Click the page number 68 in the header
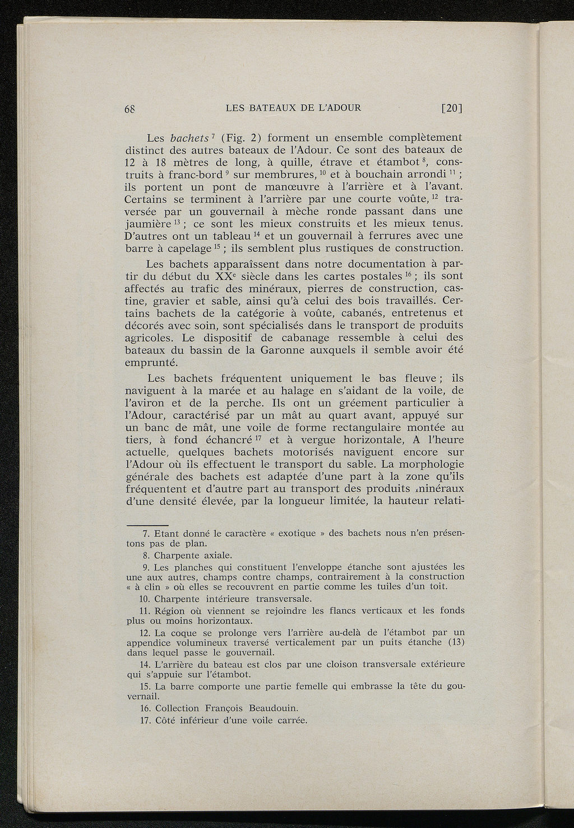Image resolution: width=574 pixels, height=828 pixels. [x=131, y=109]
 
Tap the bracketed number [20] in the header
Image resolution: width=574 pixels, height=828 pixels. [x=451, y=108]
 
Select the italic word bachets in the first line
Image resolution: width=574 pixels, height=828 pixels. [x=189, y=138]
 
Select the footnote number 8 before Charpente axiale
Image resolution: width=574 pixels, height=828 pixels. [x=146, y=556]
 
